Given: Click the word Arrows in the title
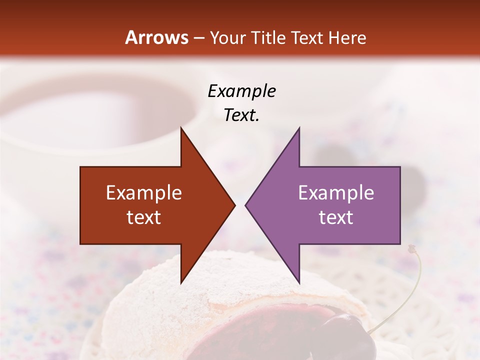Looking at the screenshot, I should [x=156, y=37].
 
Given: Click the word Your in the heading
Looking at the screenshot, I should [x=228, y=38].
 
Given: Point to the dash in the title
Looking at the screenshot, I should [x=198, y=38].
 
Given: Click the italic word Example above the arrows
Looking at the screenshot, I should [x=241, y=91].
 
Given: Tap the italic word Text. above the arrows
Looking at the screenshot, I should [x=241, y=115].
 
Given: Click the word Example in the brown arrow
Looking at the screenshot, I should [x=144, y=193].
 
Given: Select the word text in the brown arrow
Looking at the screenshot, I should [x=144, y=217].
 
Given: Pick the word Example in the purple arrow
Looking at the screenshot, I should [x=336, y=193].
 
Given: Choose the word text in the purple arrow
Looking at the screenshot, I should [x=336, y=217].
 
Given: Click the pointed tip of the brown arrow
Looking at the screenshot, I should [x=234, y=205].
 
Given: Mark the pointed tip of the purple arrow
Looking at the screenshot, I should [x=245, y=205].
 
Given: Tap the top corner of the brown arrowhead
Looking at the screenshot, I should [x=181, y=128].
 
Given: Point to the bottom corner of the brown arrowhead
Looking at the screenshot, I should [x=181, y=282].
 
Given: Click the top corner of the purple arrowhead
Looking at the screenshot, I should [x=299, y=128].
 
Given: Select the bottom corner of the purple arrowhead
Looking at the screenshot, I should [x=299, y=282].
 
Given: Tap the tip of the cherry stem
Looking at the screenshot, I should [x=411, y=248].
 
